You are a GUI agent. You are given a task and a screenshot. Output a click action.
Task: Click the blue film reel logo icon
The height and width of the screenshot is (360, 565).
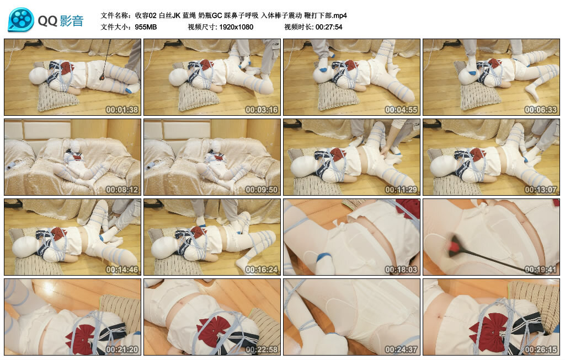[x=21, y=20]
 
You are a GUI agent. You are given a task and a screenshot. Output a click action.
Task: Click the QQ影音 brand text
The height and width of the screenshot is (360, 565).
[x=61, y=21]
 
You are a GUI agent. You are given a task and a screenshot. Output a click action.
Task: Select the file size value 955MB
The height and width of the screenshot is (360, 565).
[x=146, y=27]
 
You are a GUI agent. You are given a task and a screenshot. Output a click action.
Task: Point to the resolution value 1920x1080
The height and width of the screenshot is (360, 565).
[x=236, y=27]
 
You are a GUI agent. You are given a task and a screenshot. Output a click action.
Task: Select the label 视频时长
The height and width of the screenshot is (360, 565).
[x=298, y=27]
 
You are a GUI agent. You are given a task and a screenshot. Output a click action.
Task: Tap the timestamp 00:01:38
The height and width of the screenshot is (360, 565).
[x=122, y=110]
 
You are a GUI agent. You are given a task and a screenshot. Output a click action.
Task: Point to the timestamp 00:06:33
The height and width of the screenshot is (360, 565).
[x=541, y=110]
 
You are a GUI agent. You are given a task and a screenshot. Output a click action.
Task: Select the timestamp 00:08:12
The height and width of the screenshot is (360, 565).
[x=122, y=190]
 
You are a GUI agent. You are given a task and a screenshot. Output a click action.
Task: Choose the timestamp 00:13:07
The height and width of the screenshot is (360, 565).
[x=541, y=190]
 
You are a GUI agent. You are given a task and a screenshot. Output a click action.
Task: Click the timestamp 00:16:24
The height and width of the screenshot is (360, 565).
[x=262, y=270]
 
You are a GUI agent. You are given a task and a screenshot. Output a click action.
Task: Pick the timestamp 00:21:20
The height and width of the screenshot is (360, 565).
[x=122, y=350]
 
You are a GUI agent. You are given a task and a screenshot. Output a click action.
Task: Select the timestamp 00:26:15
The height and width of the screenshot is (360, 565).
[x=541, y=350]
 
